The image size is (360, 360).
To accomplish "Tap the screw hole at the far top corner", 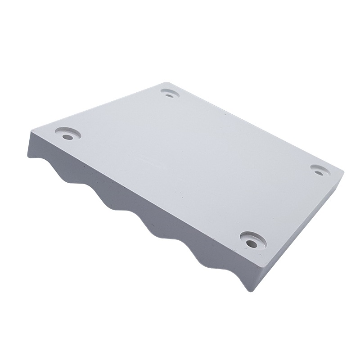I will click(169, 94).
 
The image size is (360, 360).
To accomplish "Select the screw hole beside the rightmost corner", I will click(319, 170).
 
